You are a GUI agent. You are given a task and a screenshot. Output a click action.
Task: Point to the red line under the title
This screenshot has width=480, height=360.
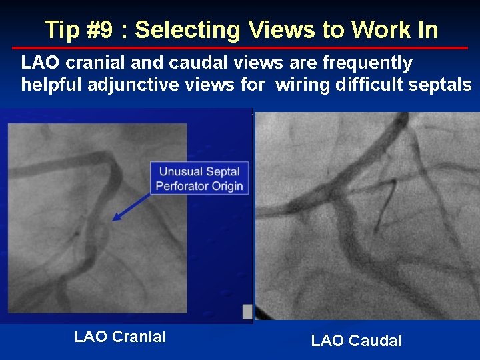240,48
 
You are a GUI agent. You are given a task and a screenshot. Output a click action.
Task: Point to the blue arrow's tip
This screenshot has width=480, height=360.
113,219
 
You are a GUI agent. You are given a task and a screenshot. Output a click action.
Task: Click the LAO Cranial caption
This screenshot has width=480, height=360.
120,337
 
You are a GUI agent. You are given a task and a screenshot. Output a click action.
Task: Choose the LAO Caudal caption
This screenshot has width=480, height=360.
356,341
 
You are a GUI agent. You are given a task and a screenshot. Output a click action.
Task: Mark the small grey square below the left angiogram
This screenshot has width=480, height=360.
247,311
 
